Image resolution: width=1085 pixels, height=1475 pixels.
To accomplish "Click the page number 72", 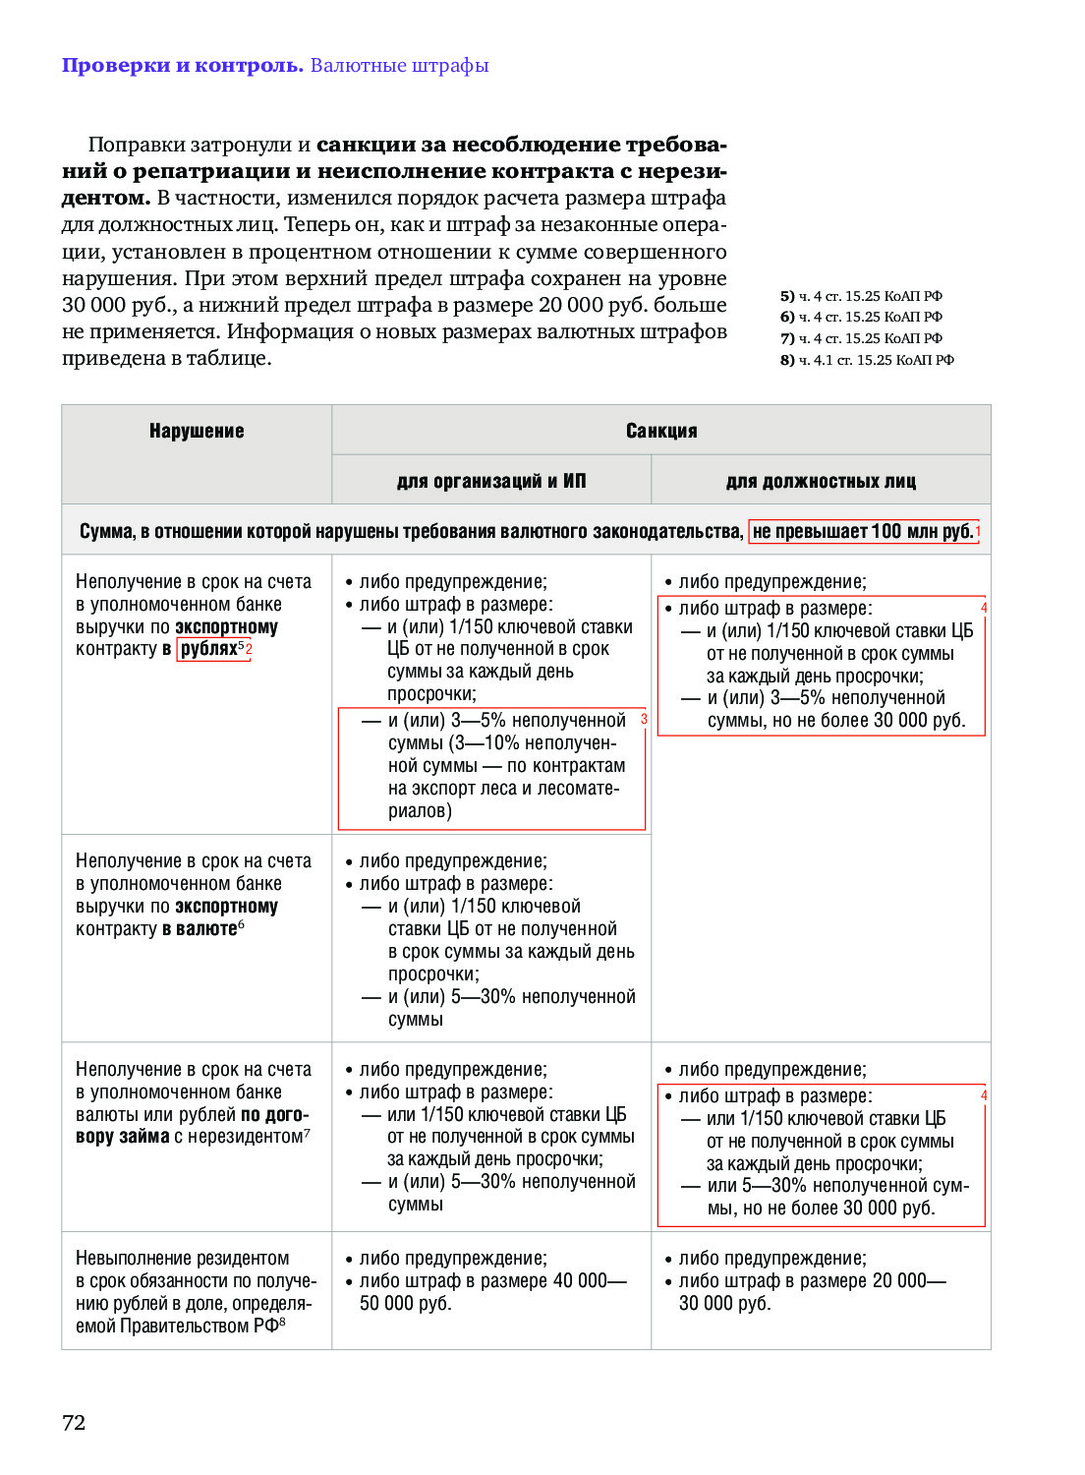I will [74, 1422].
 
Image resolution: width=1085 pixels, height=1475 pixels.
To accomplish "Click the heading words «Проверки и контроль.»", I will [182, 66].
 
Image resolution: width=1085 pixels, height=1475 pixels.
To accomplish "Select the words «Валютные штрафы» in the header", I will [399, 66].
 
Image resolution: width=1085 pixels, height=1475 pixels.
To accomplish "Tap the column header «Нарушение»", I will [197, 431].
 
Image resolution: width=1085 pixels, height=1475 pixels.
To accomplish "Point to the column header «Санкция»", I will [661, 431].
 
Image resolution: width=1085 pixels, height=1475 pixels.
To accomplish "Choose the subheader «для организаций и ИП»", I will [491, 481].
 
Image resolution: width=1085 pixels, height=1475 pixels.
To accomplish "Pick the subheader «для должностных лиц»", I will [821, 481].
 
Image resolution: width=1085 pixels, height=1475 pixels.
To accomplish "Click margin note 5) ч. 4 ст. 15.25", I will [861, 296].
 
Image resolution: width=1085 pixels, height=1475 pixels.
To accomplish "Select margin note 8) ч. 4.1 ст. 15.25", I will [867, 360].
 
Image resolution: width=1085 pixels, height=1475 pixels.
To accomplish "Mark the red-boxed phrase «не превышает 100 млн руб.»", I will [863, 532].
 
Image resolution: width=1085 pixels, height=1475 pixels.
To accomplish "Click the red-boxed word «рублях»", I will [209, 649].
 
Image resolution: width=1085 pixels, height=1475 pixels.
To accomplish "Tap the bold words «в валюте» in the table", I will [200, 929].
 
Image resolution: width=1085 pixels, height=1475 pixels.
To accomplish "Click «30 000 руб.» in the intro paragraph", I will [118, 305].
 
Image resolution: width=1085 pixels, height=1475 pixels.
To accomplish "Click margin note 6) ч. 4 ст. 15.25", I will [861, 317].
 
